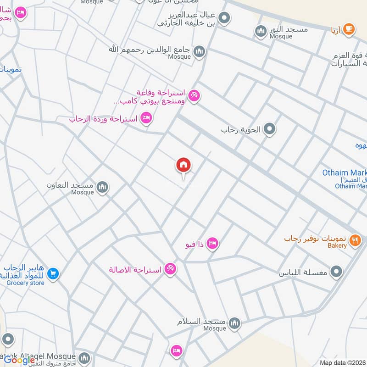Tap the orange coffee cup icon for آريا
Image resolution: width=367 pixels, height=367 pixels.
pos(348,29)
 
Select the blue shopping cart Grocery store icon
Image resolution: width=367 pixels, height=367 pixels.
pos(53,274)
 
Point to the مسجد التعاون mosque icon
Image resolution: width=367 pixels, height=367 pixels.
pos(102,187)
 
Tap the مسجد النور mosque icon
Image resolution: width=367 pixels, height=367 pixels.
pos(261,31)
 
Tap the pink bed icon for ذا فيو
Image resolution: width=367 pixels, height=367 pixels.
pos(212,243)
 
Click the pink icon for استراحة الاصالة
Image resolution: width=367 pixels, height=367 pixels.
pos(170,268)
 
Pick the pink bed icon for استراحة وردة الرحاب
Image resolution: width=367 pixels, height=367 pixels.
pos(146,118)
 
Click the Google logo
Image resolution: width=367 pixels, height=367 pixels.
pos(19,360)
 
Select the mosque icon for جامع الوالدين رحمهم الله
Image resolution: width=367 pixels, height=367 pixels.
pos(199,51)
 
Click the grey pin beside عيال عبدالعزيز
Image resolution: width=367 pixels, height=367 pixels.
pos(224,18)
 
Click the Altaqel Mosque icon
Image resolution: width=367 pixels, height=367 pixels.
pos(84,357)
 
